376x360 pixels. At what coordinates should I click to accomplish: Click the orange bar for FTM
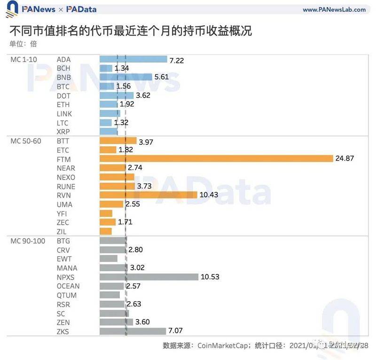click(216, 159)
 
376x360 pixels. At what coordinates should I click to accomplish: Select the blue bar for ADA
click(133, 59)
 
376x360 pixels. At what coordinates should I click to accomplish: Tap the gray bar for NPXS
click(149, 277)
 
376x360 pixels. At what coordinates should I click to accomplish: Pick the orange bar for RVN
click(149, 195)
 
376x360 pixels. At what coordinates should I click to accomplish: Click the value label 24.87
click(345, 159)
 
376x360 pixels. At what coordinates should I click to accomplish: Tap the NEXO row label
click(66, 177)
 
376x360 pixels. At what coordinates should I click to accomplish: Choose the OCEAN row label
click(68, 286)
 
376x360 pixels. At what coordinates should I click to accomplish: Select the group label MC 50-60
click(25, 141)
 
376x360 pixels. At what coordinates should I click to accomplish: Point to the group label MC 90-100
click(27, 241)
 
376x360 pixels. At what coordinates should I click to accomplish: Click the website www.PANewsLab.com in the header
click(334, 9)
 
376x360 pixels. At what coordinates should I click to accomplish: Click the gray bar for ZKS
click(133, 331)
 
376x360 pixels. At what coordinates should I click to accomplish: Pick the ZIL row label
click(62, 231)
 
